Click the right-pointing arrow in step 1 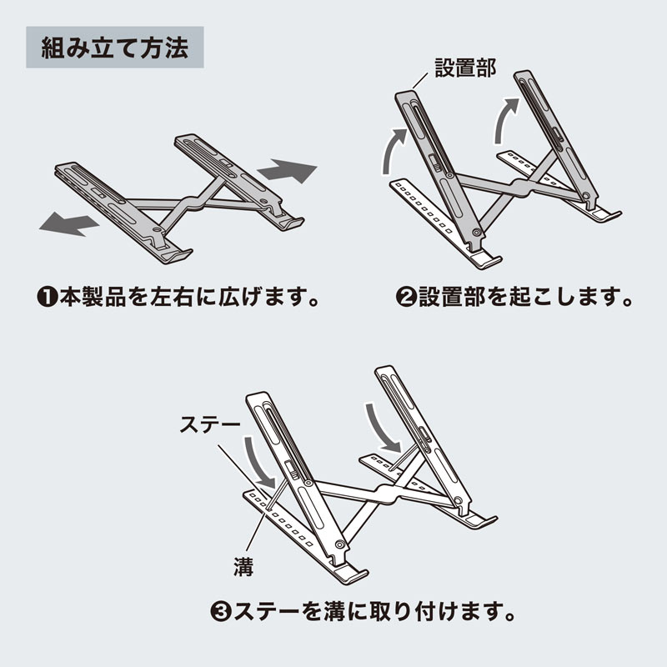pyautogui.click(x=288, y=173)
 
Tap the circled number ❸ pyautogui.click(x=220, y=611)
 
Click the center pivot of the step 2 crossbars pyautogui.click(x=516, y=191)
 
